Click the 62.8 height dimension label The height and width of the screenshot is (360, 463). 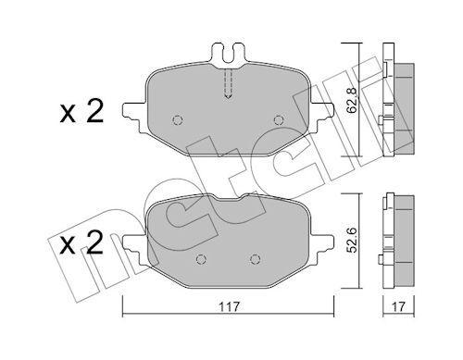[x=352, y=100]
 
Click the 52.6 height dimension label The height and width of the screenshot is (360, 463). [x=352, y=241]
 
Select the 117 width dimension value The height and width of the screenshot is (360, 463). [x=230, y=307]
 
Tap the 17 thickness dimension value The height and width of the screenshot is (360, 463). [x=398, y=307]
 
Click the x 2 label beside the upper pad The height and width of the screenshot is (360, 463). [x=81, y=113]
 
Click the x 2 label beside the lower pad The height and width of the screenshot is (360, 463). [x=81, y=242]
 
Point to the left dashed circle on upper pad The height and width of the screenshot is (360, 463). [x=178, y=120]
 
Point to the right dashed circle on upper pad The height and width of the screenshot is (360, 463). [x=279, y=119]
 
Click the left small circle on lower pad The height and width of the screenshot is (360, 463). [x=201, y=259]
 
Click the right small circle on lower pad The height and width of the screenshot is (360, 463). [x=255, y=259]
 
